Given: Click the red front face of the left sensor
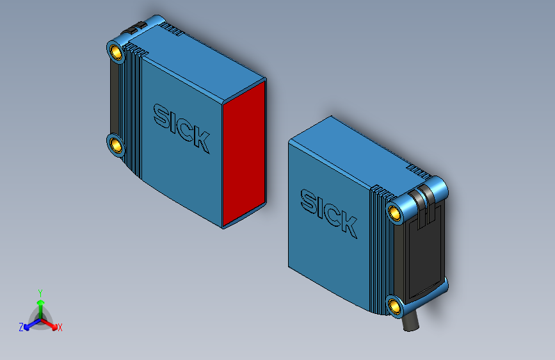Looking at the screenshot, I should (x=244, y=154).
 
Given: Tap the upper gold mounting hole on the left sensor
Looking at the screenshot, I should (x=116, y=51).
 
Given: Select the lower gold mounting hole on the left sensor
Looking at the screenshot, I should (x=116, y=144).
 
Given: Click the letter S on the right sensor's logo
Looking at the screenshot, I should (x=309, y=200).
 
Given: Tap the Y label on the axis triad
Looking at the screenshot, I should (x=40, y=292).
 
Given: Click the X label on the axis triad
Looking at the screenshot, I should (x=60, y=328).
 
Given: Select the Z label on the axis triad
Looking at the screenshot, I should (x=21, y=327).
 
